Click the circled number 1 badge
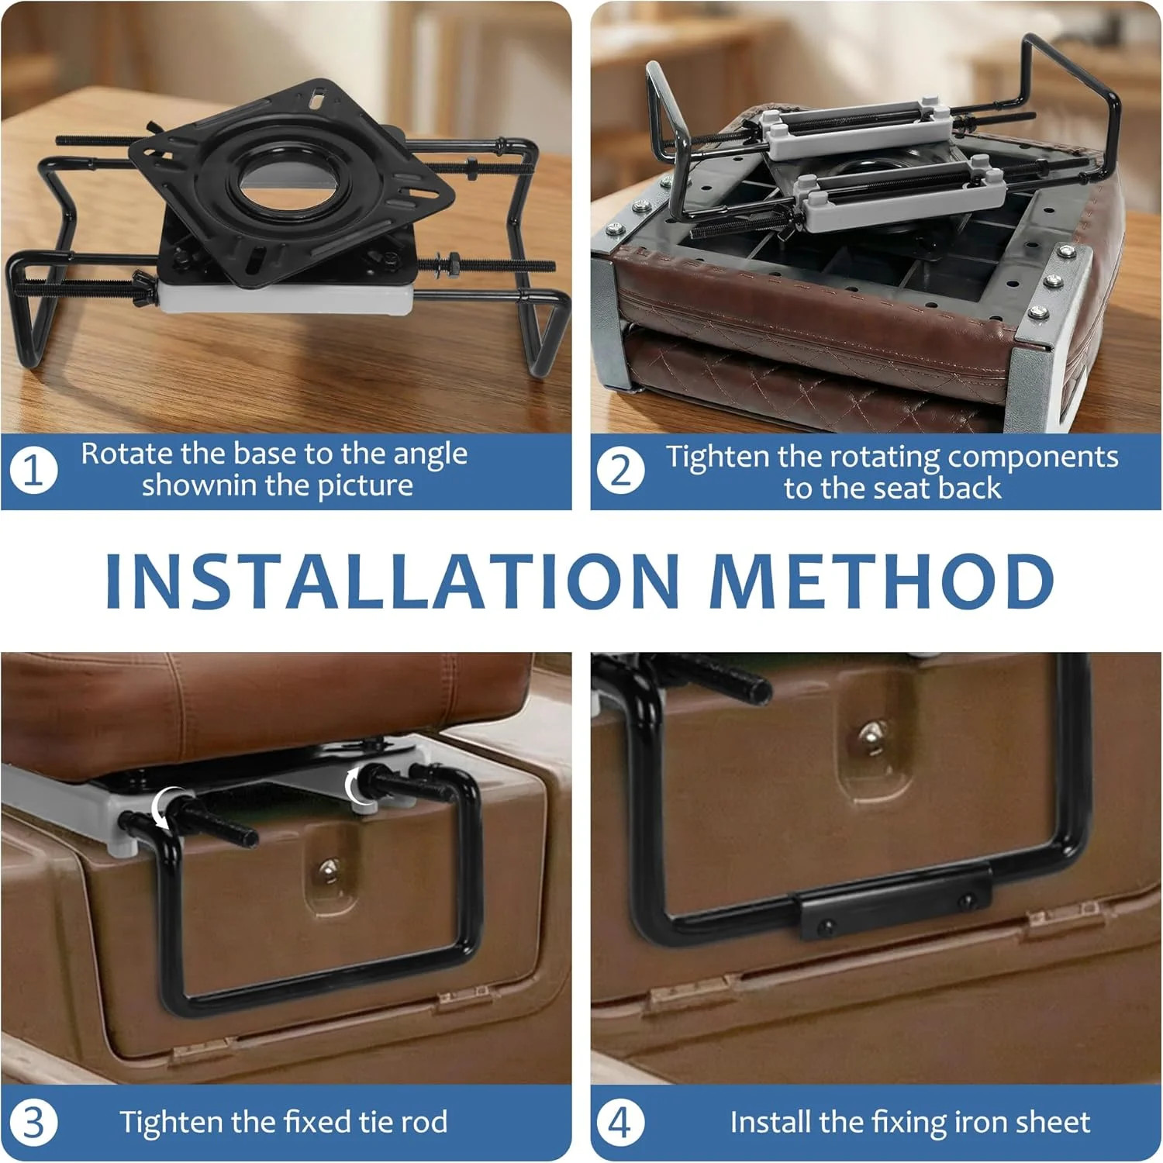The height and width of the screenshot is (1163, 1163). point(34,470)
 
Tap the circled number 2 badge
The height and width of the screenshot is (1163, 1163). point(620,470)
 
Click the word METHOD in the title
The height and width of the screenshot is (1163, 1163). point(882,581)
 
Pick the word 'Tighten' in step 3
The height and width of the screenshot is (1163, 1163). point(171,1122)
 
